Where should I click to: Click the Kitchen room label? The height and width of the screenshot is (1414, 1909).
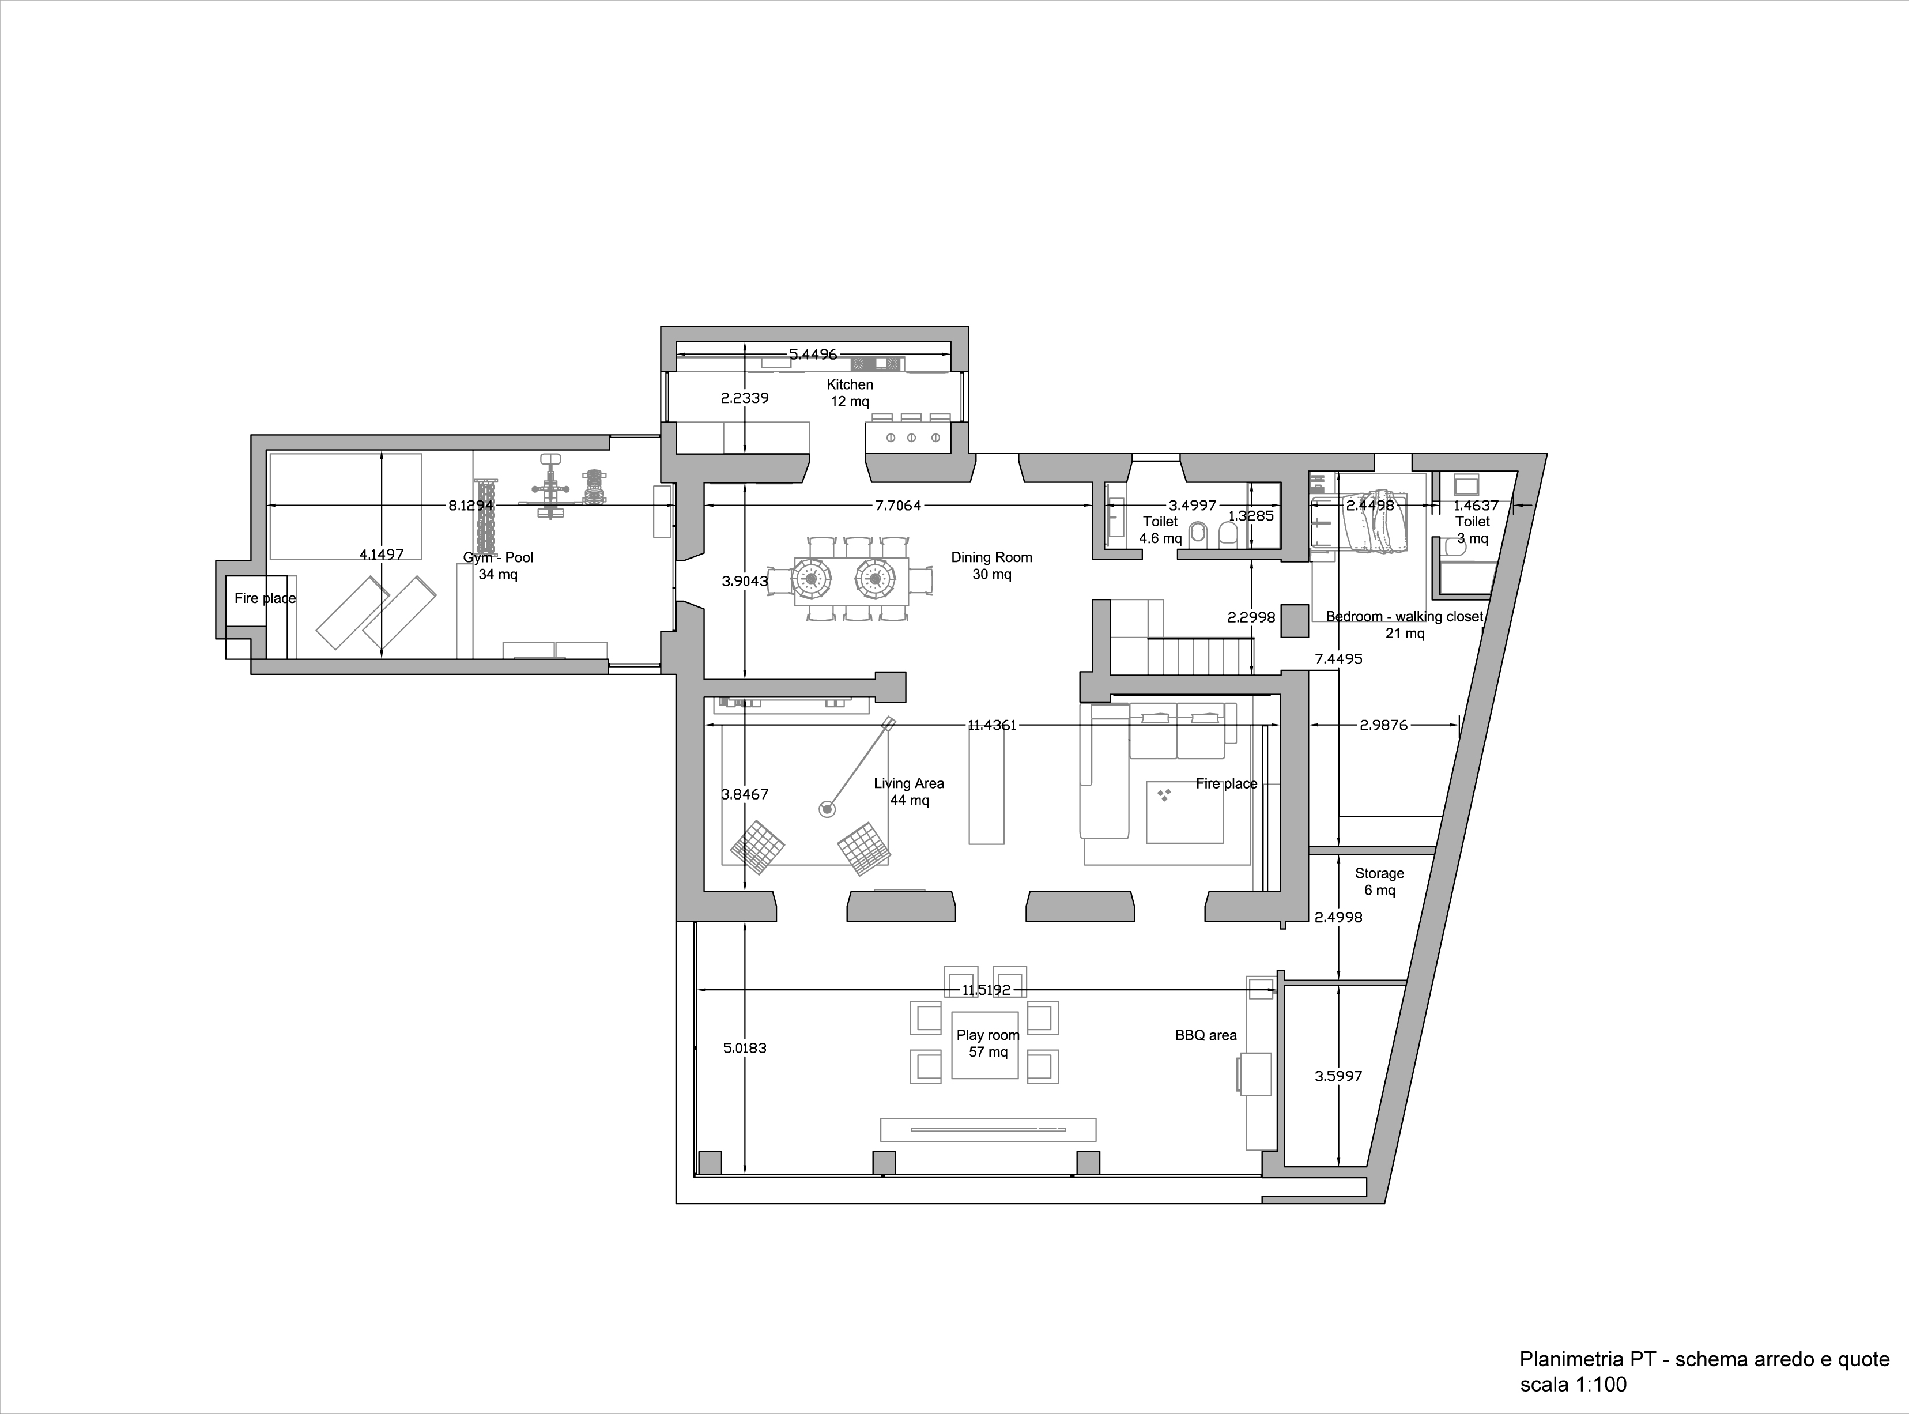850,393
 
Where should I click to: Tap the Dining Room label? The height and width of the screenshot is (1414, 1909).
992,565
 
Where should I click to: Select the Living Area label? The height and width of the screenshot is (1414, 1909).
909,792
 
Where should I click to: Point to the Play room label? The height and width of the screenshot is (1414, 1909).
989,1043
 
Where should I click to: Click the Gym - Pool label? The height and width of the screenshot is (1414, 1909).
498,565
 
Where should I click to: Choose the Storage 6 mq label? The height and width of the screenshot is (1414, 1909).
1379,881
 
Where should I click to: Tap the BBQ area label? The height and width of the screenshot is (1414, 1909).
1206,1035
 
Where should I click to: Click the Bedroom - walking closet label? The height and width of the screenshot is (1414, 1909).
1404,625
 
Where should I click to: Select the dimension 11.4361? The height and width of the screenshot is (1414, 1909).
992,725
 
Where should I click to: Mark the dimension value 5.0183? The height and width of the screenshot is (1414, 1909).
745,1047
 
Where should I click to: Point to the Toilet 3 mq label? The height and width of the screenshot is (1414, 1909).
1473,530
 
